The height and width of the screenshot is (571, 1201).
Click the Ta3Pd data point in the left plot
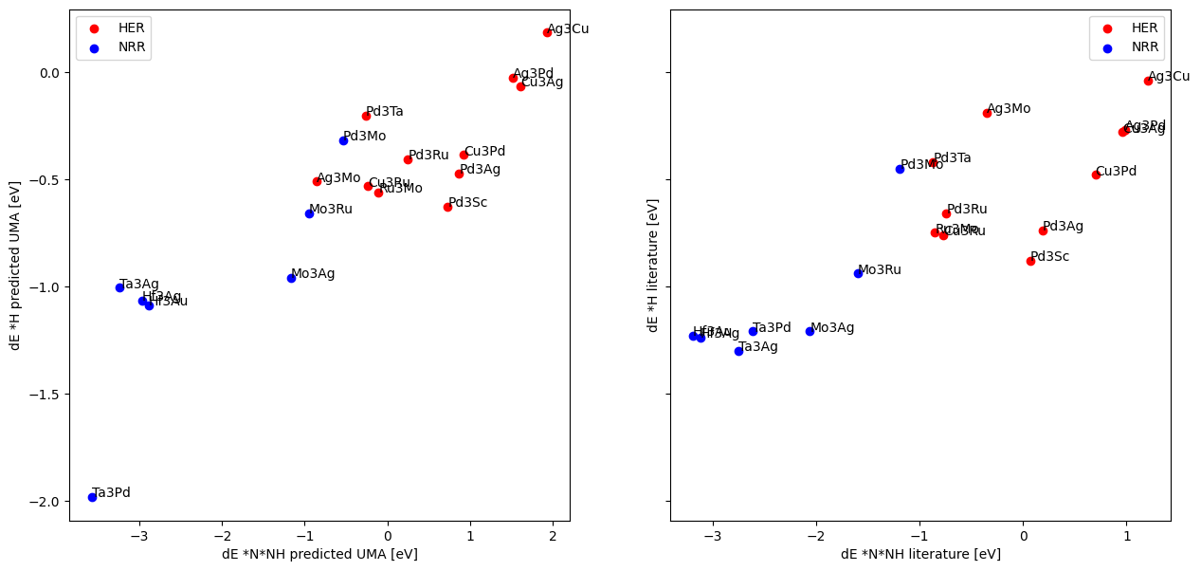92,497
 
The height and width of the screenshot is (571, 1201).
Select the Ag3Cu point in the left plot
547,32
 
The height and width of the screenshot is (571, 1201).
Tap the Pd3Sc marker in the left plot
447,207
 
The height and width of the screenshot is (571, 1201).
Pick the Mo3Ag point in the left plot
291,278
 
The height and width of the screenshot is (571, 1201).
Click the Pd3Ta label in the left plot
384,111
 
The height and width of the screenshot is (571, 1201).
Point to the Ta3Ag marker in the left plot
119,287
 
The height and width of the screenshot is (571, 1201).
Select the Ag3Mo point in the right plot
987,113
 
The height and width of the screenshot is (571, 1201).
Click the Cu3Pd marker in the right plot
1096,175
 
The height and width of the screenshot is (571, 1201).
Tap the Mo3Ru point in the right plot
858,273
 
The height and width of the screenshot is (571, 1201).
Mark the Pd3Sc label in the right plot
1049,256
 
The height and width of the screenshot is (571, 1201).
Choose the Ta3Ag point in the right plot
738,351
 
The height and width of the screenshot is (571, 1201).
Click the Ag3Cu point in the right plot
1148,81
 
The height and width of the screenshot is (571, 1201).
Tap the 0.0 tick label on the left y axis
48,73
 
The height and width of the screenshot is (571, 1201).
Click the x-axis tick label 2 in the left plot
553,535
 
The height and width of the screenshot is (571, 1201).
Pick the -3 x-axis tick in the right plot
712,535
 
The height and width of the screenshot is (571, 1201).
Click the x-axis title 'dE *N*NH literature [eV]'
920,554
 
